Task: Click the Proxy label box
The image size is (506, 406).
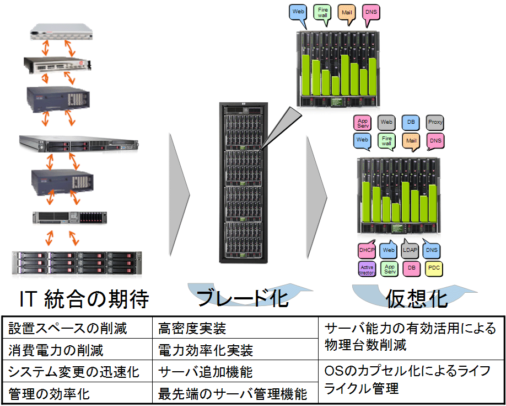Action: tap(435, 122)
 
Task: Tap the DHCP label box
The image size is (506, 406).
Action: tap(367, 250)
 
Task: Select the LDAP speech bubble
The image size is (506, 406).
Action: tap(410, 249)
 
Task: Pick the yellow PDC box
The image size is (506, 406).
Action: tap(434, 268)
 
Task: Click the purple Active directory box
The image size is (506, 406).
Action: tap(367, 269)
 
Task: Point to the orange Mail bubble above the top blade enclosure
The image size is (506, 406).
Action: tap(347, 12)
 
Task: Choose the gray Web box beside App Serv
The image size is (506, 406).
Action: tap(386, 122)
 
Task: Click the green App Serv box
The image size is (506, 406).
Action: tap(390, 269)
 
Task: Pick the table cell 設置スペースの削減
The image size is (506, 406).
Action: tap(68, 329)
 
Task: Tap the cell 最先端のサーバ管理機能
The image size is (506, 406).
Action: tap(232, 394)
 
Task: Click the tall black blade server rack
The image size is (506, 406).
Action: tap(243, 182)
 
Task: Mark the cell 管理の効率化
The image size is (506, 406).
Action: tap(49, 394)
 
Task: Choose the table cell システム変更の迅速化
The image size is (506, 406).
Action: tap(74, 371)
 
